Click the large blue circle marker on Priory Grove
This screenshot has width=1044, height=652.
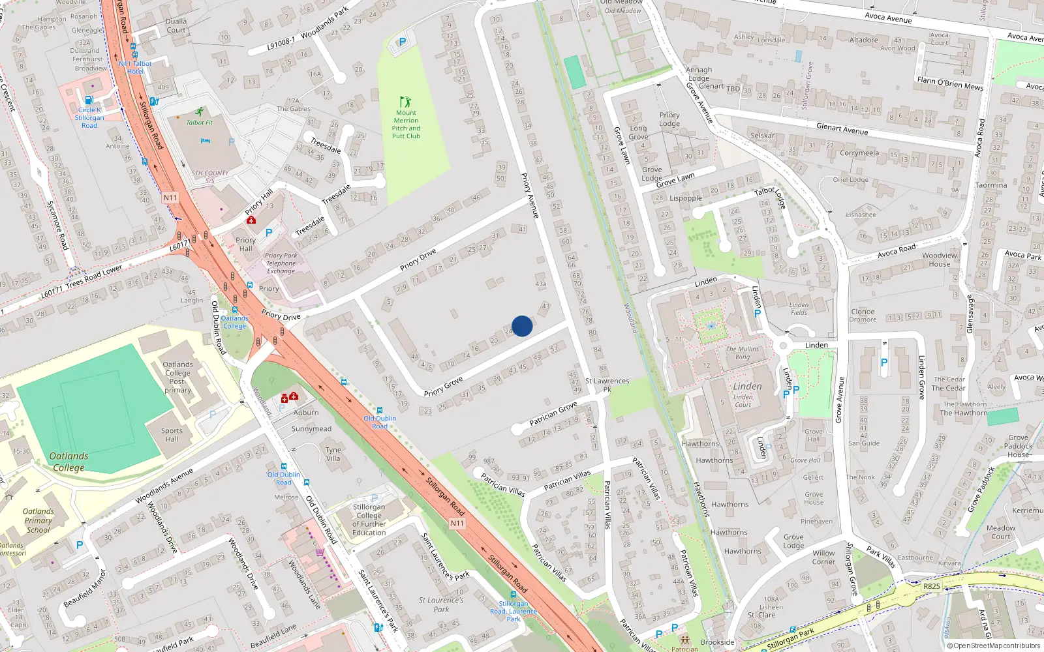point(522,326)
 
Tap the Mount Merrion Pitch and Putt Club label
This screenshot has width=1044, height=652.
point(406,125)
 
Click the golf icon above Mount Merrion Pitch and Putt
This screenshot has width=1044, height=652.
point(406,102)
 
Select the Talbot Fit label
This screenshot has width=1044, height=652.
point(200,123)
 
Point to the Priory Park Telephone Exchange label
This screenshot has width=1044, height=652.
point(281,263)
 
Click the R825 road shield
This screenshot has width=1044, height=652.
point(932,586)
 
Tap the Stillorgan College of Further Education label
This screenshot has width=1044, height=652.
point(369,520)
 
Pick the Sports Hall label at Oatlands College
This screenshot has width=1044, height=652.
point(172,435)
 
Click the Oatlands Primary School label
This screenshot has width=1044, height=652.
point(38,520)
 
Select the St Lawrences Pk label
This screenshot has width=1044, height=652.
point(607,385)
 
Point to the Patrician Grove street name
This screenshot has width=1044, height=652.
point(553,413)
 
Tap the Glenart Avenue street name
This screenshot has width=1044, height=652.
point(842,129)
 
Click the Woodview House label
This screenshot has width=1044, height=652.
point(940,259)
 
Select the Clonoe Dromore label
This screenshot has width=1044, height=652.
point(863,316)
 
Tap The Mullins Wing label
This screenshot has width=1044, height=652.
point(743,353)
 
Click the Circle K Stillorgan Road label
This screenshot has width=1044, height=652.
point(89,117)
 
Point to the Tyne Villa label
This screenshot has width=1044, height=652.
point(333,454)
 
